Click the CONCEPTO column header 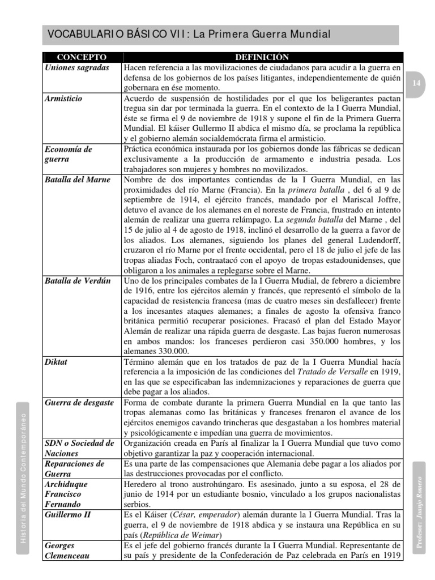[82, 57]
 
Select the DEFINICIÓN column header [262, 57]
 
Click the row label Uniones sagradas [77, 67]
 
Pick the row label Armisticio [63, 99]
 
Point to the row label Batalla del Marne [78, 180]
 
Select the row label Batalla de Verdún [78, 281]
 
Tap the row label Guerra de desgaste [79, 403]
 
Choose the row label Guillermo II [68, 514]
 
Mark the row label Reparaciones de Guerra [75, 468]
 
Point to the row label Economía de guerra [69, 154]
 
